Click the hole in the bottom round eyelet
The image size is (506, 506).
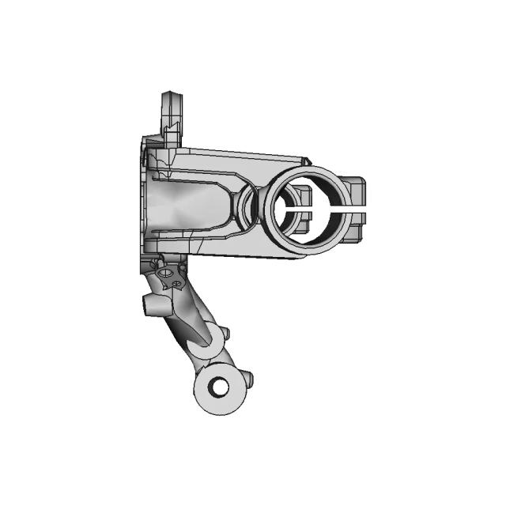coord(220,387)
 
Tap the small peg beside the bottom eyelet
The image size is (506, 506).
coord(248,379)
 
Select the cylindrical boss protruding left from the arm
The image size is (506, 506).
coord(152,304)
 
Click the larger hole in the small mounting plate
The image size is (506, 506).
coord(166,274)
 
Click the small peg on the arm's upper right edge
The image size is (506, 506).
coord(225,332)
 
